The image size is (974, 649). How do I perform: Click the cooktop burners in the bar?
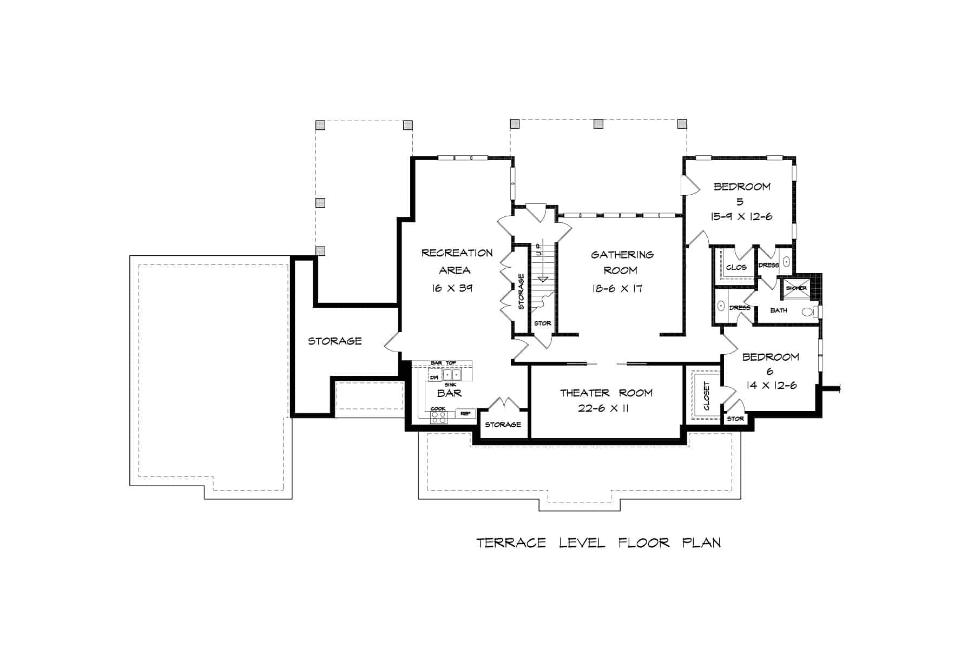coord(439,417)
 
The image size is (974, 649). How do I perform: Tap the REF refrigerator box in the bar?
coord(465,413)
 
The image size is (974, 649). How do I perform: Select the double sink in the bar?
coord(451,375)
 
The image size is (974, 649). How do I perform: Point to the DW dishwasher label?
coord(434,377)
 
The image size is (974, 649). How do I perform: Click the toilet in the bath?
coord(807,312)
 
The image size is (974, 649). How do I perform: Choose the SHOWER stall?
coord(796,288)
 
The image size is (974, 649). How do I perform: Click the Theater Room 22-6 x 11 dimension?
coord(602,408)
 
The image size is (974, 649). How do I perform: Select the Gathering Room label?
coord(621,262)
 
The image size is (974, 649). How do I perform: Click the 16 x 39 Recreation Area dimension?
coord(452,288)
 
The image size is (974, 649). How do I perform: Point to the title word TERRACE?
coord(511,542)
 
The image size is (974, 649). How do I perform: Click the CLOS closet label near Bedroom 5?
coord(736,267)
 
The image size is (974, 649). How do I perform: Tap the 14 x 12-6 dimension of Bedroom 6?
coord(771,386)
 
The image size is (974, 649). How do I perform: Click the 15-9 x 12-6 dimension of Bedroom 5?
coord(741,216)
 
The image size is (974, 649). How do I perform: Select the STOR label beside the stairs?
coord(542,323)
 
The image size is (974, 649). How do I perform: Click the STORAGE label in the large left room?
coord(334,341)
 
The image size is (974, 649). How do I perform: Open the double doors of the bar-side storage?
coord(503,404)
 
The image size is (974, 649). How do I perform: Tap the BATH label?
coord(778,310)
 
